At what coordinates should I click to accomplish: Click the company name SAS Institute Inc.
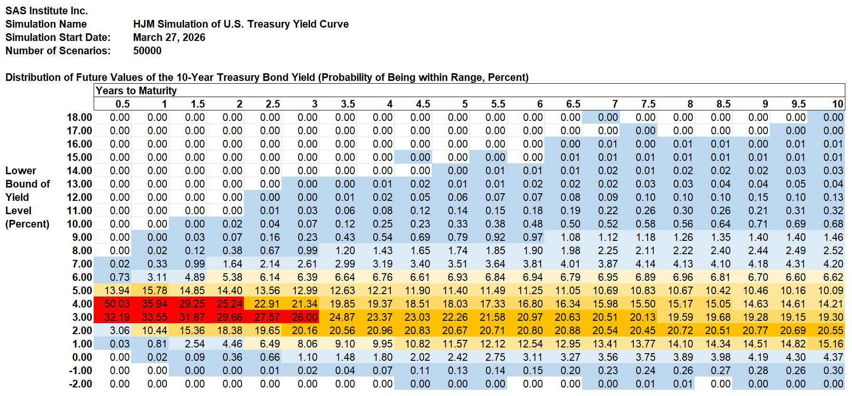(47, 10)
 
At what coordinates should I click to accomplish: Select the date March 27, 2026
(169, 37)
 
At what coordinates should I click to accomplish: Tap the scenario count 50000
(147, 50)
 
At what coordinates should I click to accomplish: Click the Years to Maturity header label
(136, 90)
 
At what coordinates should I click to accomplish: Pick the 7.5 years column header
(648, 104)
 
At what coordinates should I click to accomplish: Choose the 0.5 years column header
(122, 104)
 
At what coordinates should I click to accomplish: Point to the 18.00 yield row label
(79, 117)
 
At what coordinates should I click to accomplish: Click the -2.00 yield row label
(80, 384)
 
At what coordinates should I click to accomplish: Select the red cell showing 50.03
(117, 304)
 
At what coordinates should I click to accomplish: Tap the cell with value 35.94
(155, 304)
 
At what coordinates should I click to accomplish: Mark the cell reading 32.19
(117, 317)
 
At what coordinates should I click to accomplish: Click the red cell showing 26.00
(305, 317)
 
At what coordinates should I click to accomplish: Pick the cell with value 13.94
(117, 290)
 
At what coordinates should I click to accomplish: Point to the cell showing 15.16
(831, 344)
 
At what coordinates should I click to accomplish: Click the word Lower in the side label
(21, 170)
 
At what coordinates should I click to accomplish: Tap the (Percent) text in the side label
(27, 224)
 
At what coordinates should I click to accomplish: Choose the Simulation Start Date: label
(58, 37)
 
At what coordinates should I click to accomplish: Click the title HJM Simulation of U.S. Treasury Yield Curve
(241, 24)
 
